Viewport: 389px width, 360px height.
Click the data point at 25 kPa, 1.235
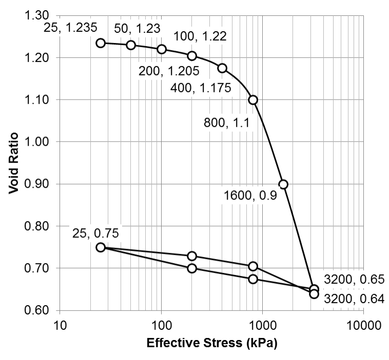(101, 43)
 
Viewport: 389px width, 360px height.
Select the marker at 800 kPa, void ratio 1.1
(252, 100)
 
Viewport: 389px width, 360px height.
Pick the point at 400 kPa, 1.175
(222, 68)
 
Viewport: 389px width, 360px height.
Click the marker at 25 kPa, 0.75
(101, 247)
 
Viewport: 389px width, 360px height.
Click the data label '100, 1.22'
(200, 36)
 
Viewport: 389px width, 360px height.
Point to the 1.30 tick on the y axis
(36, 15)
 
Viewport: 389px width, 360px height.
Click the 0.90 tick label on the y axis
(36, 184)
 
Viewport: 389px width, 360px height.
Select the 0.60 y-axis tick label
(36, 311)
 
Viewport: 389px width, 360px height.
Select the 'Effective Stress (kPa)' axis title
(212, 344)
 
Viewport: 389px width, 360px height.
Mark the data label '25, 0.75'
(95, 233)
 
